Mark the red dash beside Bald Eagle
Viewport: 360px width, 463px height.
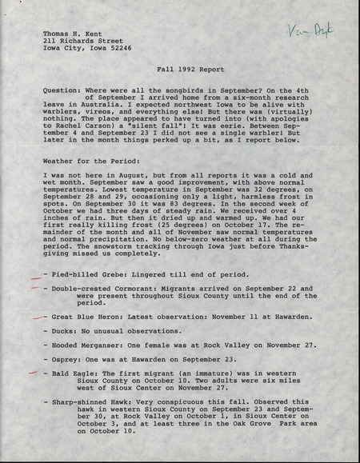click(33, 373)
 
